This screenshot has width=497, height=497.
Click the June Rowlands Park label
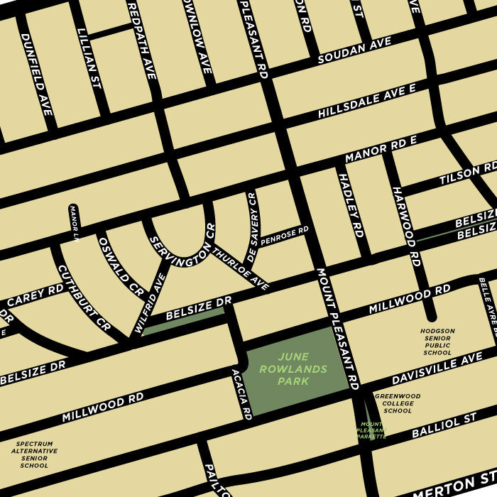(x=293, y=369)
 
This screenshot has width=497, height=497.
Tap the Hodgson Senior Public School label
(x=437, y=342)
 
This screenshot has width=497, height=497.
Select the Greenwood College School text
(x=398, y=403)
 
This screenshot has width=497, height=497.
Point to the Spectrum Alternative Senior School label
(x=34, y=454)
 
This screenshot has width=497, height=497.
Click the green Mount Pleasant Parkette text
(x=372, y=430)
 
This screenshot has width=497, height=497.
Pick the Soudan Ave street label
(x=354, y=51)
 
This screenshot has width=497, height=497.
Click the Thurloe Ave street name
(x=241, y=268)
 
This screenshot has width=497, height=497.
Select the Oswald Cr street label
(x=121, y=264)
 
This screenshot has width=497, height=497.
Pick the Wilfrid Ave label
(x=149, y=303)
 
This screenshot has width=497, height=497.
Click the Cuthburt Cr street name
(x=84, y=298)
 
